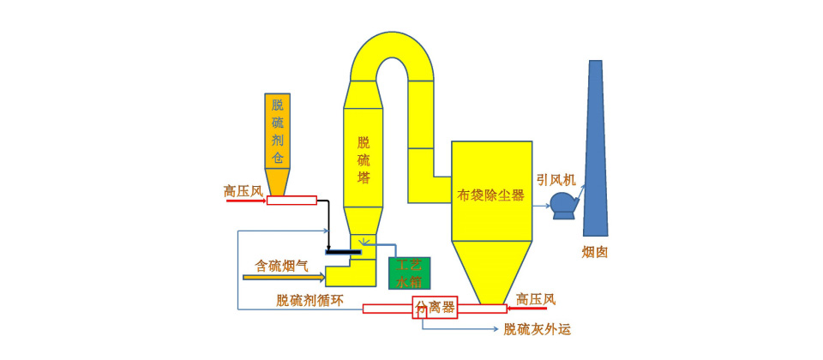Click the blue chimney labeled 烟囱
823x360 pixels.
(595, 154)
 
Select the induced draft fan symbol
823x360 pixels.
(564, 204)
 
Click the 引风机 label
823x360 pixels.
(556, 180)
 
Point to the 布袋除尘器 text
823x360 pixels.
(490, 195)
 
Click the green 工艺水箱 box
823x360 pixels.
(410, 273)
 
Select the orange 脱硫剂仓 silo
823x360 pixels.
(277, 137)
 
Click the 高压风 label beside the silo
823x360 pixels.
(243, 191)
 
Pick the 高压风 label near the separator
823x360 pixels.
(535, 299)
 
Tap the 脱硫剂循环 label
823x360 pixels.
(309, 300)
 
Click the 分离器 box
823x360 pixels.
(436, 307)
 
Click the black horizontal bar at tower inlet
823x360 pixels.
(343, 251)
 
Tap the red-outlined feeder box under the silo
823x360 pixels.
(291, 201)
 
